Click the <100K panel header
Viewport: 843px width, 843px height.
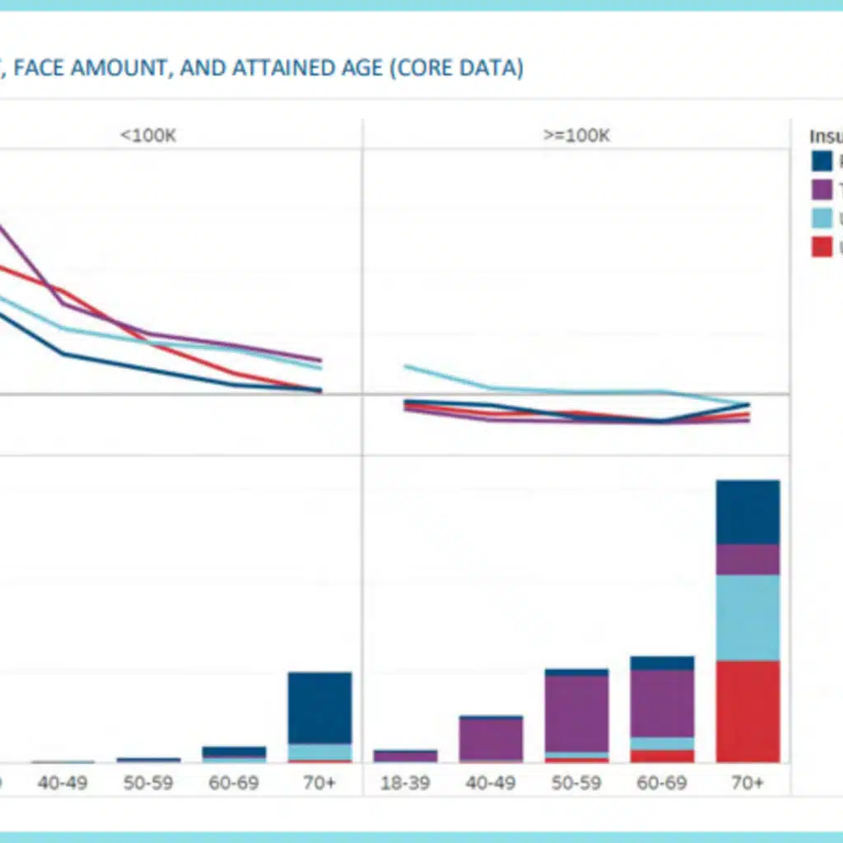pyautogui.click(x=148, y=136)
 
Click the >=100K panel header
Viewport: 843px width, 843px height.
pyautogui.click(x=576, y=136)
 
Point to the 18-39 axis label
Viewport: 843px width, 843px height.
pyautogui.click(x=405, y=782)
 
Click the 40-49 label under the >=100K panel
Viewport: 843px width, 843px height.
pyautogui.click(x=491, y=782)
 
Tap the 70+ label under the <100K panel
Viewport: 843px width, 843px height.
pyautogui.click(x=319, y=782)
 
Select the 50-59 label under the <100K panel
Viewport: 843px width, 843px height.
pyautogui.click(x=148, y=782)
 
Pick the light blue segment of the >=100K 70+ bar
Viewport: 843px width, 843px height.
pyautogui.click(x=748, y=617)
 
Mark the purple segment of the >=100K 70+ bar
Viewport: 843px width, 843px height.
pyautogui.click(x=748, y=559)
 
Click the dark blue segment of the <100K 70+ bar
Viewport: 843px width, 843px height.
pyautogui.click(x=319, y=708)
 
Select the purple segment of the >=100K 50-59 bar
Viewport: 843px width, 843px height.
pyautogui.click(x=576, y=713)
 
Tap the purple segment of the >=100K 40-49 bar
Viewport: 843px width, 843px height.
pyautogui.click(x=491, y=738)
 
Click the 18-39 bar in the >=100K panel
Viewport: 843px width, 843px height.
pyautogui.click(x=405, y=755)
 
